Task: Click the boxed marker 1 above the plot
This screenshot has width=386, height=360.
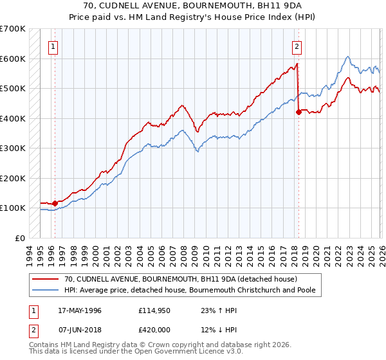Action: pos(51,46)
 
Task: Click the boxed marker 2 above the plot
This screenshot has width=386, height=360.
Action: pos(297,46)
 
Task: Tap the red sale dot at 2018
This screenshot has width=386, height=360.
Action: pos(299,112)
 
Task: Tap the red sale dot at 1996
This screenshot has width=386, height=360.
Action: pos(55,203)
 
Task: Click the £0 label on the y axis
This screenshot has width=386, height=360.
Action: pos(20,238)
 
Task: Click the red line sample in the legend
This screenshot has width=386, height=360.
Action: pos(46,280)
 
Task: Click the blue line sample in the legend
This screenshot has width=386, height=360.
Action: pos(46,291)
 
